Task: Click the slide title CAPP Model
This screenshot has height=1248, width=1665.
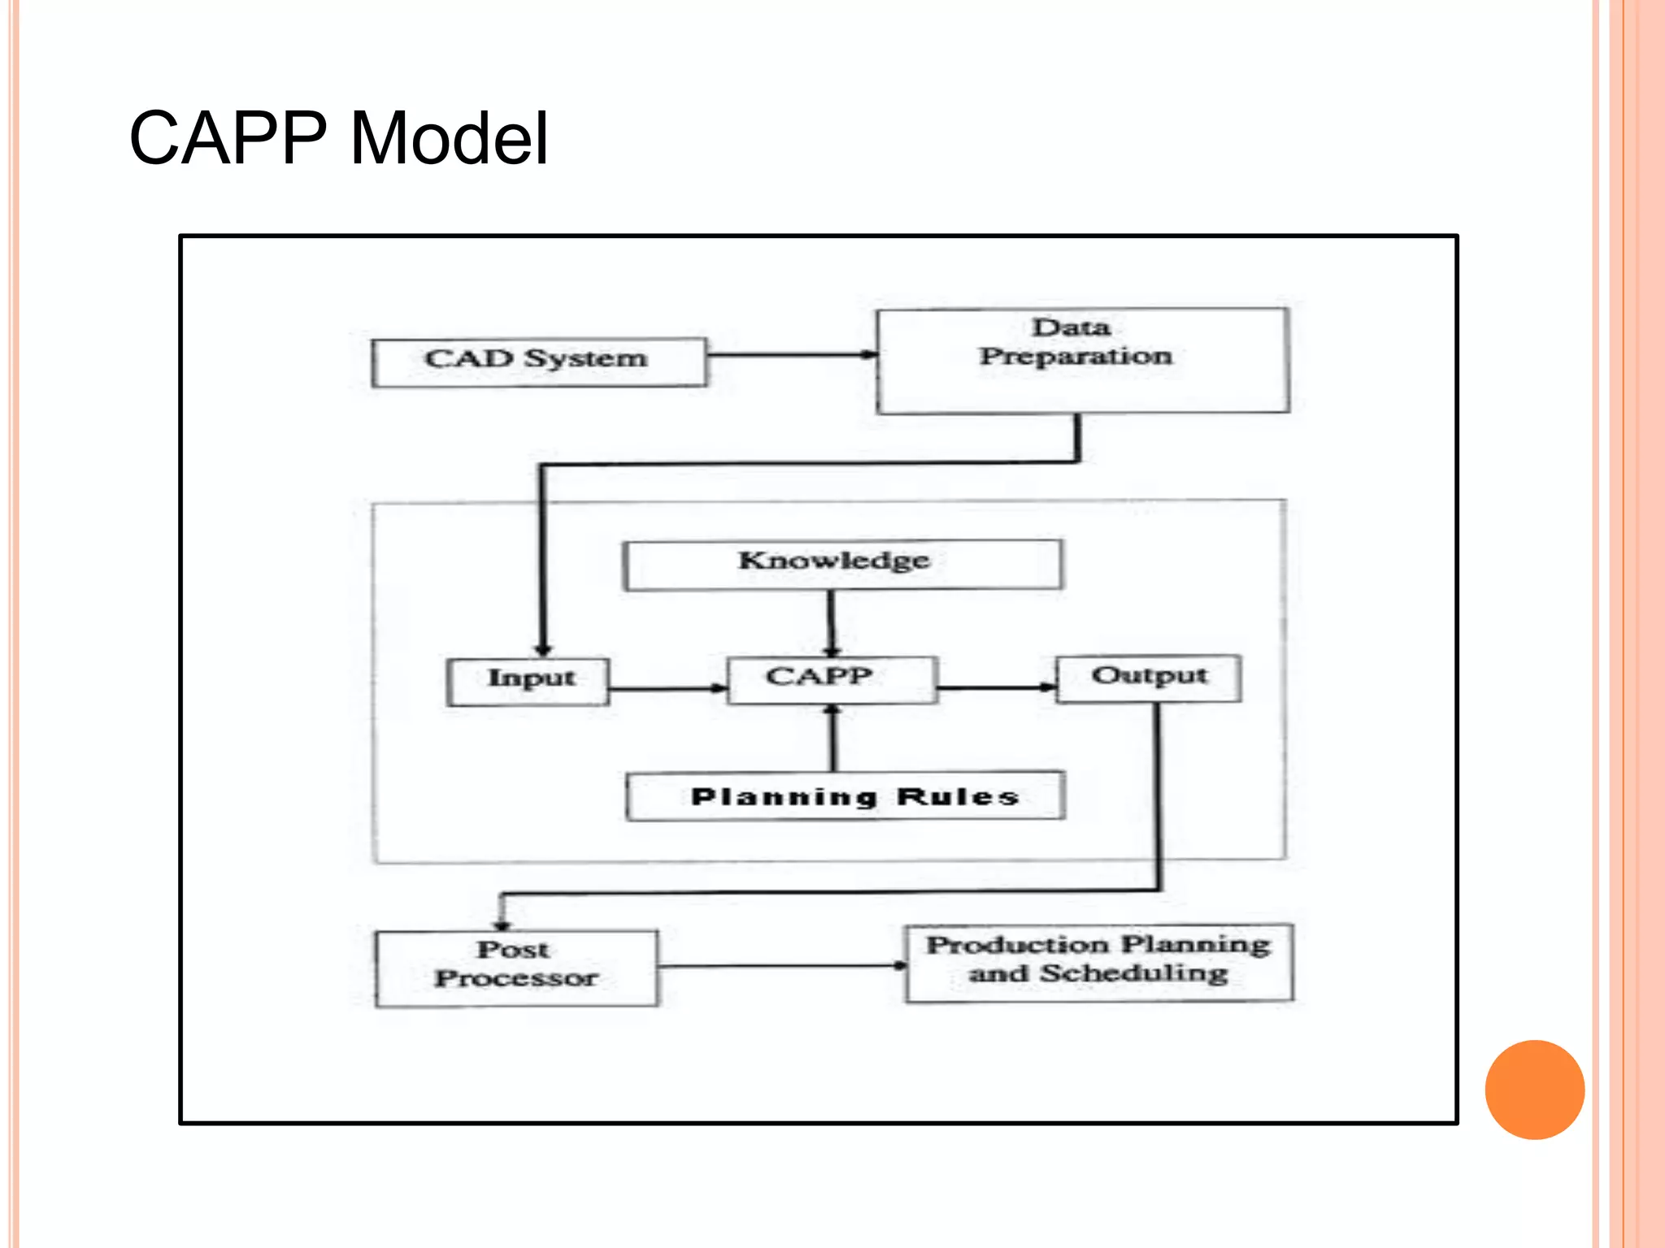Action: click(x=338, y=138)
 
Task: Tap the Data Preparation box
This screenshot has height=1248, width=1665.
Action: click(x=1082, y=361)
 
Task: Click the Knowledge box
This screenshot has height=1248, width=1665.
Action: click(x=842, y=564)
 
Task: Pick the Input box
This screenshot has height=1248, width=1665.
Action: click(x=528, y=681)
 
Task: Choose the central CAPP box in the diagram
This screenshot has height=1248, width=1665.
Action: click(x=832, y=679)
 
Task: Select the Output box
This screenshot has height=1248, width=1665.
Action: click(x=1148, y=678)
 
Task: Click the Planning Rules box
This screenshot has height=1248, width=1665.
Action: click(x=846, y=796)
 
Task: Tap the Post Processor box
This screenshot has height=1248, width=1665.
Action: click(x=516, y=968)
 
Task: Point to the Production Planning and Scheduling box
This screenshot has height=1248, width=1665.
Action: click(x=1098, y=962)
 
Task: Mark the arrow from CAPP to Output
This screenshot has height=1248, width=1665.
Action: click(x=996, y=687)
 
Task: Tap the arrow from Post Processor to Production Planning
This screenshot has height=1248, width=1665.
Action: click(x=781, y=966)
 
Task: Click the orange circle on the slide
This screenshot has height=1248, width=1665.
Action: click(x=1534, y=1089)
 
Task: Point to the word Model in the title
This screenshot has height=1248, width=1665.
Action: click(x=449, y=138)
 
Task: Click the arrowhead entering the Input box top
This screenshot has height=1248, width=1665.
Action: click(x=543, y=650)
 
